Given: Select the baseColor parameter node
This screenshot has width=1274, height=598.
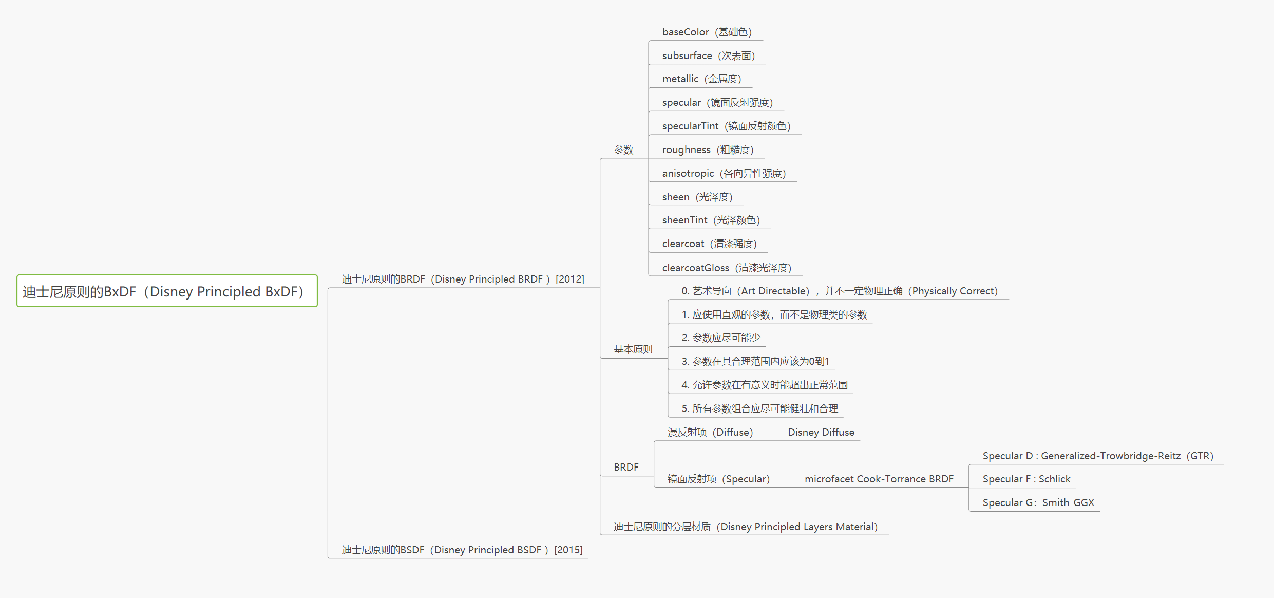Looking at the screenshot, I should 707,32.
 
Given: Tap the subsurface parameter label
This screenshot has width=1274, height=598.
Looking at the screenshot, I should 708,55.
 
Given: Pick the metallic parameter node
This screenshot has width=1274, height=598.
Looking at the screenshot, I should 701,79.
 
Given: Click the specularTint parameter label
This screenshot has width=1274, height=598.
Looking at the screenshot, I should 726,126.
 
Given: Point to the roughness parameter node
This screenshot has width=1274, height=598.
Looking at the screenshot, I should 708,149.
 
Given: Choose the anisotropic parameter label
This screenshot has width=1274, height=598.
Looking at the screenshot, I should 724,173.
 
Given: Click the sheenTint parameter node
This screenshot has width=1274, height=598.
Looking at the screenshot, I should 711,220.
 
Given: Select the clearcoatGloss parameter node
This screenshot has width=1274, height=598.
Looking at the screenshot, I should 727,268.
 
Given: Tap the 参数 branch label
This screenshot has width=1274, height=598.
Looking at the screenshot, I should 623,149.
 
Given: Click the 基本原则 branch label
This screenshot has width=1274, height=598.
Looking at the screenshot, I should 633,349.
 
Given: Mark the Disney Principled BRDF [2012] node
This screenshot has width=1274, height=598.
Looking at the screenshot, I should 463,279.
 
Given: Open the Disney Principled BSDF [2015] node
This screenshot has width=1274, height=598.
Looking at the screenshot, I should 462,550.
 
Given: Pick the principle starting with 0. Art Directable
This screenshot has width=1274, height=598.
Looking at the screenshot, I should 839,291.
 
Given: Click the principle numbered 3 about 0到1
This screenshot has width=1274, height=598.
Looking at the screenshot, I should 755,361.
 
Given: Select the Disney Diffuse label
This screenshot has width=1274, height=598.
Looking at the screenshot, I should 821,432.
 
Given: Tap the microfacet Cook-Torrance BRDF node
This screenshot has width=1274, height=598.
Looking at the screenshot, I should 879,479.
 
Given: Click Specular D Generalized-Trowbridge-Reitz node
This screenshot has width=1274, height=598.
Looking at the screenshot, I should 1097,456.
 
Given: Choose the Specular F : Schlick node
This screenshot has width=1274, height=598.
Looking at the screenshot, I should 1026,479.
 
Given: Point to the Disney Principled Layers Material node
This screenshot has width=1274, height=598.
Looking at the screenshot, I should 745,527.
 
